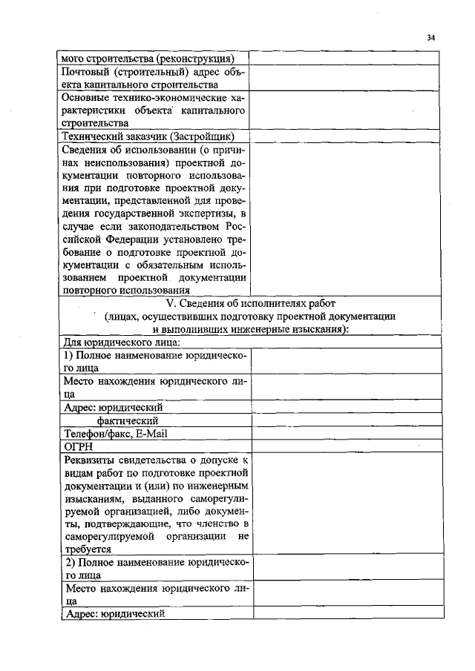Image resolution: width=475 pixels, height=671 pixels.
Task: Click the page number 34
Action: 431,38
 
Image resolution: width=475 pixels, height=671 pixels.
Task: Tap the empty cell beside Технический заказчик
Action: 348,136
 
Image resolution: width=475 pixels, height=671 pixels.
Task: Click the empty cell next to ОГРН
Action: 348,447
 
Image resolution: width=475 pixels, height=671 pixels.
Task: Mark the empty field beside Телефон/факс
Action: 348,434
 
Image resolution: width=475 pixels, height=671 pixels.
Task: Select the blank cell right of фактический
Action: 348,420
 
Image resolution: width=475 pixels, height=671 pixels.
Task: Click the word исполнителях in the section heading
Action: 259,303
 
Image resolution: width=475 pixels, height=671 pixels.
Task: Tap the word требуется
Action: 88,549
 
